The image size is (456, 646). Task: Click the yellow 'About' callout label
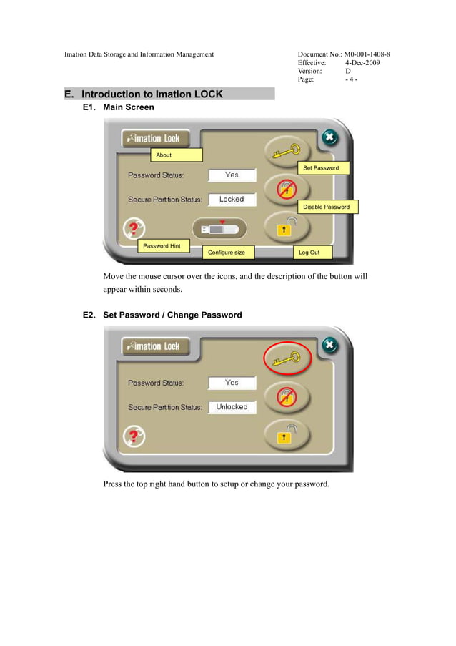pos(176,155)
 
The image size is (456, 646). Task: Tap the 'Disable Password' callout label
pos(327,207)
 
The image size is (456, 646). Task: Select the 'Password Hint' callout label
pos(163,246)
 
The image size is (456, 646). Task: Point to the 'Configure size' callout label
pos(229,253)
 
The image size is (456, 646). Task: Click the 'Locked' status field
pos(232,200)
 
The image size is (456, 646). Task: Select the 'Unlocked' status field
pos(232,407)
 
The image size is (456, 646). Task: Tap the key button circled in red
pos(288,359)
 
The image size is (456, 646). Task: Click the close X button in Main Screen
pos(329,137)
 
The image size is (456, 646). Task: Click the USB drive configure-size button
pos(219,229)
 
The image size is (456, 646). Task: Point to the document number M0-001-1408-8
pos(367,54)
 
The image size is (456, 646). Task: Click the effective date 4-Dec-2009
pos(362,63)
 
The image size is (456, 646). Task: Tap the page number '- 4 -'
pos(351,80)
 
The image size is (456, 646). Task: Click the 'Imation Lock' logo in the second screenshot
pos(154,346)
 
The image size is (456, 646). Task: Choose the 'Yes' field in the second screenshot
pos(232,383)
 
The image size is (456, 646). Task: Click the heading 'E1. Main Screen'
pos(119,107)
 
